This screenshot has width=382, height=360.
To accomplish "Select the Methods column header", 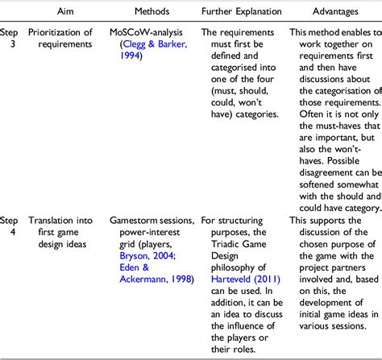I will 148,12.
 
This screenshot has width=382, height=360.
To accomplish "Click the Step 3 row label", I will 7,39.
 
